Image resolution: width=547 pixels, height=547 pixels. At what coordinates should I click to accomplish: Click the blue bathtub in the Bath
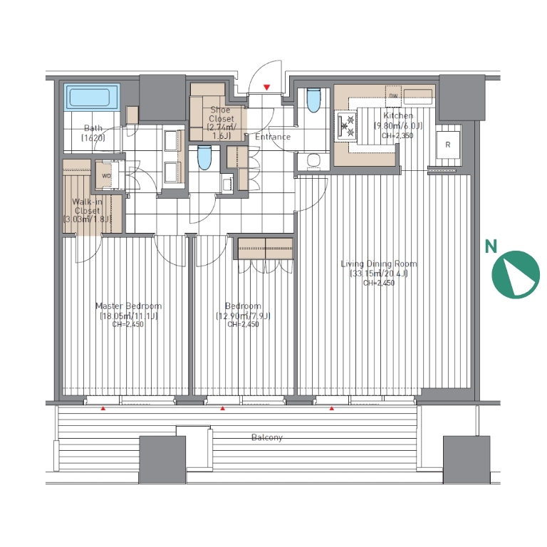point(90,98)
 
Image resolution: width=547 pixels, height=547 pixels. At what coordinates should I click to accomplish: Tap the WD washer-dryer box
point(106,176)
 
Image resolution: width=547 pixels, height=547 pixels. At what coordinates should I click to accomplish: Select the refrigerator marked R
point(448,145)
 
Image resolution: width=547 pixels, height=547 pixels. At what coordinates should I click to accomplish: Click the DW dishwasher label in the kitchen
point(393,95)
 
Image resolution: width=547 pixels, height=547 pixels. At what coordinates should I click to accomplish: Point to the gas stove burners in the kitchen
point(346,126)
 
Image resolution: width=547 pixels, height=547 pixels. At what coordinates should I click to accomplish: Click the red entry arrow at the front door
point(267,87)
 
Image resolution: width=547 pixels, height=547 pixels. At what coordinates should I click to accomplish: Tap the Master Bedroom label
point(128,306)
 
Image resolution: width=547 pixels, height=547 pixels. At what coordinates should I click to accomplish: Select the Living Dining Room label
point(379,264)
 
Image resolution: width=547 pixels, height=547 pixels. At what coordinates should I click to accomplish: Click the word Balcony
point(267,437)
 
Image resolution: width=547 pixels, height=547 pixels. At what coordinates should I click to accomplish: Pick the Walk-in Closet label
point(87,206)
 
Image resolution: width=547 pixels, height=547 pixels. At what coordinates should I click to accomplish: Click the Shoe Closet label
point(221,114)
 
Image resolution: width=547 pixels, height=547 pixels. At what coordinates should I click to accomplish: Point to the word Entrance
point(273,137)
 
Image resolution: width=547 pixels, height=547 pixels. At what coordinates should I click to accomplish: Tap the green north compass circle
point(516,274)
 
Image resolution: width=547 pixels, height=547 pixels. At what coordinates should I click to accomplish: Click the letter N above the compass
point(491,246)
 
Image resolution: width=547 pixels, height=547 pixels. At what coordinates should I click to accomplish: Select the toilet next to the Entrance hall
point(313,100)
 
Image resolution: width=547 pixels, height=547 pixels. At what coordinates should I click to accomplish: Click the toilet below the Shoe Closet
point(204,157)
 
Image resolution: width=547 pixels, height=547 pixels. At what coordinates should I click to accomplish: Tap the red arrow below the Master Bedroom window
point(103,408)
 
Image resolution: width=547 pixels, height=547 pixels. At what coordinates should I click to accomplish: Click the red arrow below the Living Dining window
point(332,408)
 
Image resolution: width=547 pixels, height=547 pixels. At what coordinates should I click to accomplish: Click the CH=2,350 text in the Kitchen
point(397,136)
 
